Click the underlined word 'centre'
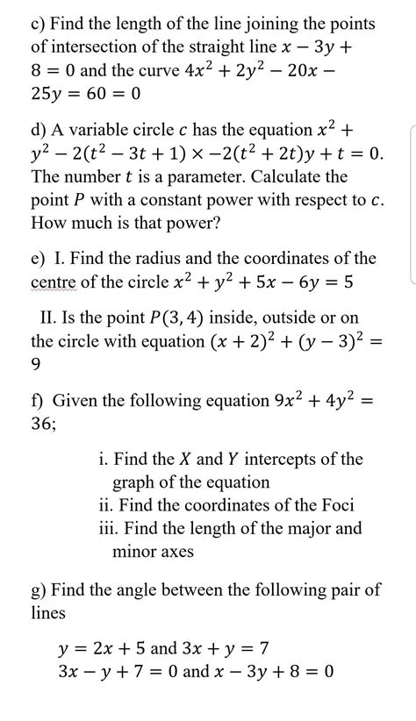pyautogui.click(x=55, y=282)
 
